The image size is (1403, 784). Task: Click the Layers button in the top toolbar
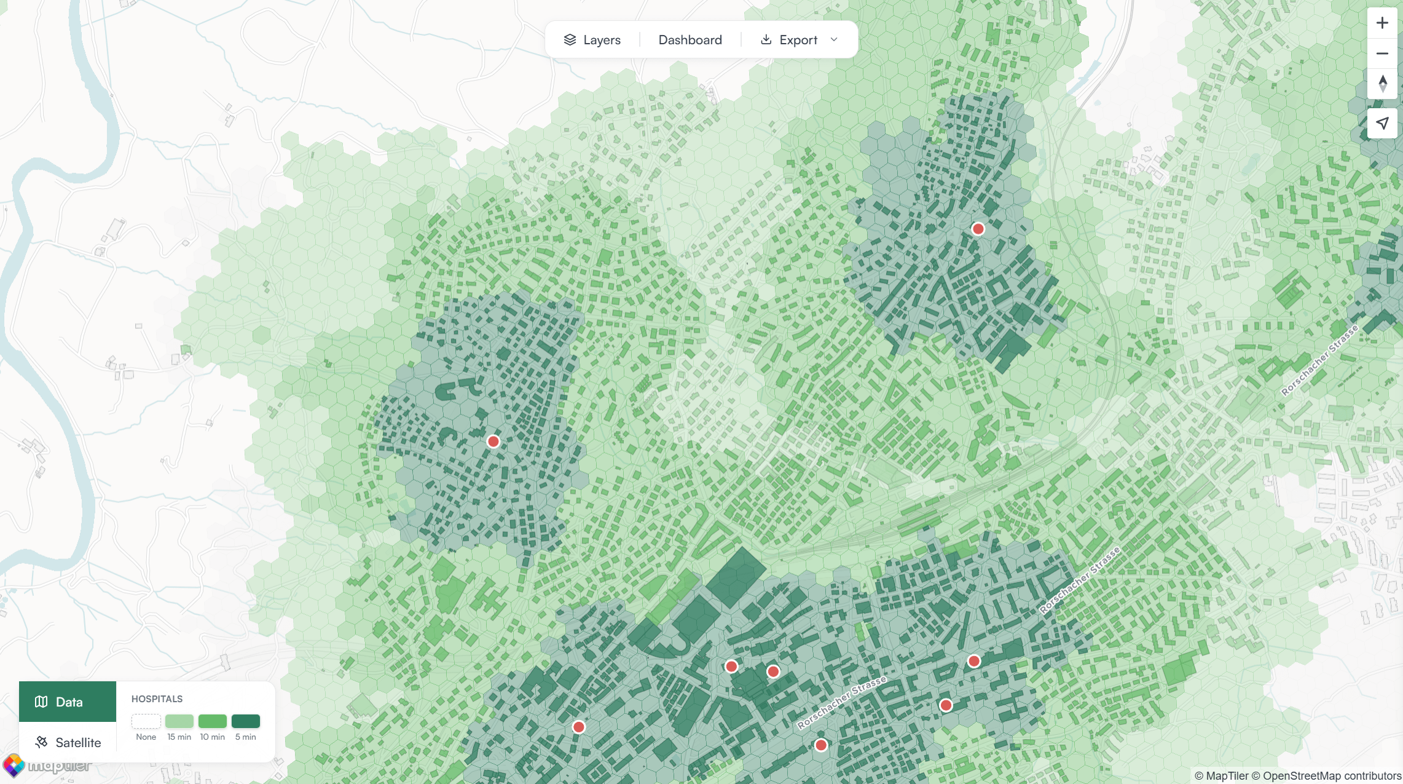[x=592, y=40]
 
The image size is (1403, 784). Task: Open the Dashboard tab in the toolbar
[x=690, y=40]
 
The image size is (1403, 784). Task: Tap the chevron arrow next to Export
[x=834, y=40]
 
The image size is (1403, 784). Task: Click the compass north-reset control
[x=1382, y=84]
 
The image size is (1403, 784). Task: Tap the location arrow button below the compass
[x=1382, y=123]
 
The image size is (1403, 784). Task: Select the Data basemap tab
[x=68, y=702]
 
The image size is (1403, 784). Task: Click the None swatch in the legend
[x=146, y=721]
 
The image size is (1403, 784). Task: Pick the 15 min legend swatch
[x=179, y=721]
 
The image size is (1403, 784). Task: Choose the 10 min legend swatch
[x=213, y=721]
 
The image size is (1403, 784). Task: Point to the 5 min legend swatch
[x=246, y=721]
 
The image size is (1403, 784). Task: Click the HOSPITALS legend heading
[x=157, y=699]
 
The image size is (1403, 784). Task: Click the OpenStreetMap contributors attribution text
[x=1332, y=776]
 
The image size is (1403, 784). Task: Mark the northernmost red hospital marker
[x=978, y=229]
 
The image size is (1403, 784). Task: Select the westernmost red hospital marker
[x=493, y=441]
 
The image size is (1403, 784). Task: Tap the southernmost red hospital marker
[x=821, y=745]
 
